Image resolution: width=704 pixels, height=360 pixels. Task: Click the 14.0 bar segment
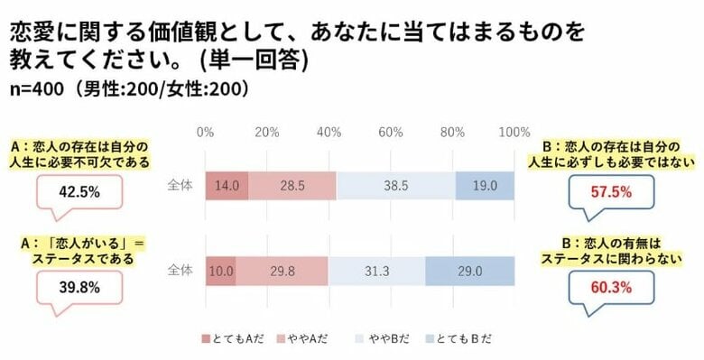click(227, 185)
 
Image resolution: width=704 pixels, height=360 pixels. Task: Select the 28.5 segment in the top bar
click(292, 185)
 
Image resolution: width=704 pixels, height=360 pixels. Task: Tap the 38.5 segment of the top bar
click(395, 185)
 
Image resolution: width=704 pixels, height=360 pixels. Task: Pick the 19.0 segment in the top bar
click(485, 185)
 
